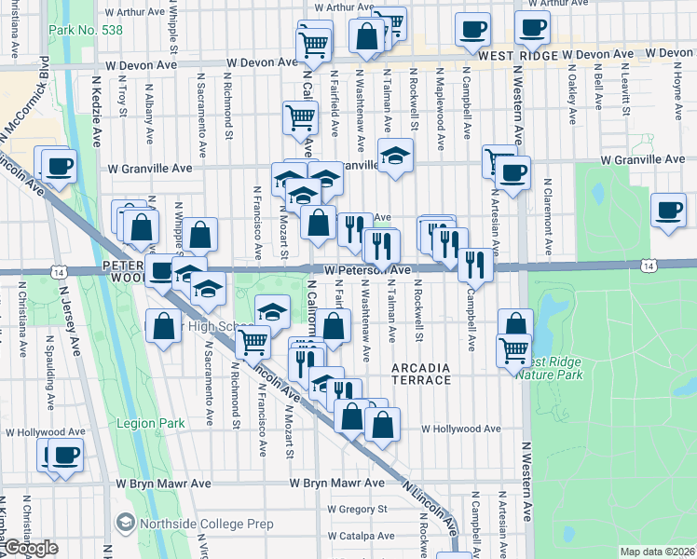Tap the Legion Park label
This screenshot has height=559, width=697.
tap(151, 423)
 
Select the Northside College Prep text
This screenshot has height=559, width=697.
tap(206, 525)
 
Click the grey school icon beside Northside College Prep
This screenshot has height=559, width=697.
tap(125, 524)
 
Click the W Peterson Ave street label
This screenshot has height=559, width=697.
tap(367, 270)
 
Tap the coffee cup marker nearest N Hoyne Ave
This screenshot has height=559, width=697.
tap(668, 210)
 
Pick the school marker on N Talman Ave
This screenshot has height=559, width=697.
tap(395, 155)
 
